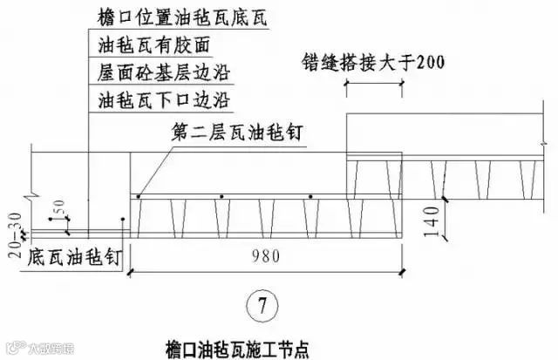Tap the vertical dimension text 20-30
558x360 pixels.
pyautogui.click(x=11, y=226)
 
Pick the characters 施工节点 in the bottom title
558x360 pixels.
pyautogui.click(x=281, y=347)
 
